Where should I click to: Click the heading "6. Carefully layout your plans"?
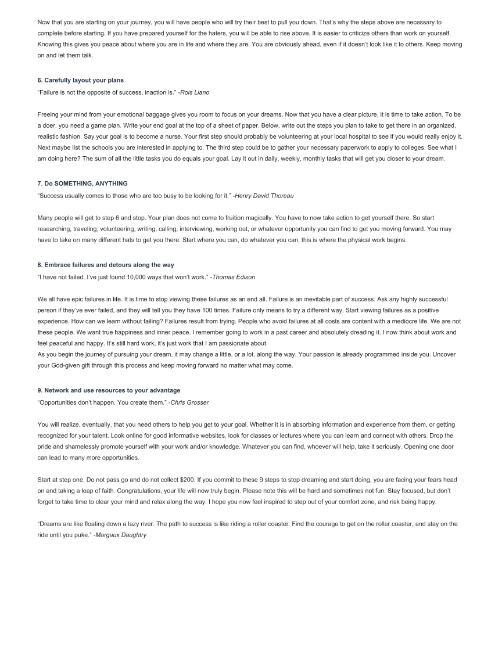[x=80, y=80]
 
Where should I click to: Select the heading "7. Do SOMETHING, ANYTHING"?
[x=82, y=184]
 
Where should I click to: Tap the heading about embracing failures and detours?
[x=105, y=265]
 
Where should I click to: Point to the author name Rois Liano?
[x=195, y=92]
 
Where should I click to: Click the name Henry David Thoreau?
[x=264, y=196]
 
